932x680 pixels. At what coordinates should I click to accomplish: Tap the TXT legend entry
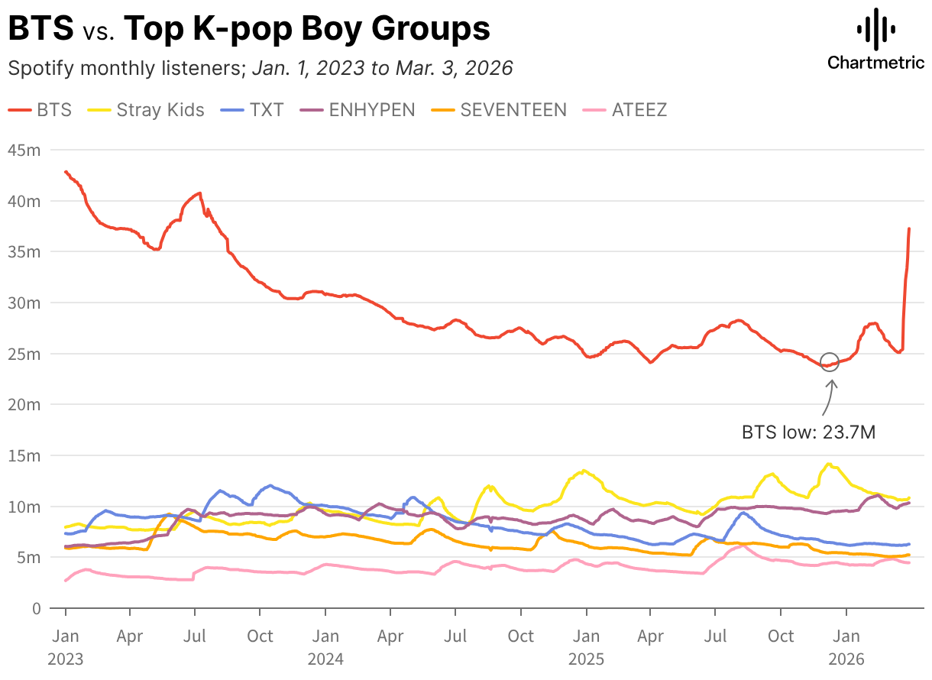pyautogui.click(x=253, y=109)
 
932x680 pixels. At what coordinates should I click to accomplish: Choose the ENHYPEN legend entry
pyautogui.click(x=358, y=109)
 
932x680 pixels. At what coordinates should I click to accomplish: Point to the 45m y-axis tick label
pyautogui.click(x=24, y=151)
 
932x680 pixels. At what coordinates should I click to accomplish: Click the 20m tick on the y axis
pyautogui.click(x=24, y=405)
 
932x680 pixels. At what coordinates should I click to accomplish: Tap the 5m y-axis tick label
pyautogui.click(x=28, y=558)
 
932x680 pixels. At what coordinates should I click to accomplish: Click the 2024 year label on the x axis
pyautogui.click(x=326, y=659)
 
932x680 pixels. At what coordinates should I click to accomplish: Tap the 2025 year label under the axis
pyautogui.click(x=587, y=659)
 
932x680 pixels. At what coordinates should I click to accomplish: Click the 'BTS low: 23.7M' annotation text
pyautogui.click(x=808, y=432)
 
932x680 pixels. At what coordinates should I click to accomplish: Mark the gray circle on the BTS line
pyautogui.click(x=830, y=363)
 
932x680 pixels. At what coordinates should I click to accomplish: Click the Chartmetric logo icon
pyautogui.click(x=876, y=29)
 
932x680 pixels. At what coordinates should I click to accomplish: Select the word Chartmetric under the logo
pyautogui.click(x=876, y=63)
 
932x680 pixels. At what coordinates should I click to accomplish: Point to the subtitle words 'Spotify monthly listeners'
pyautogui.click(x=125, y=68)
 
